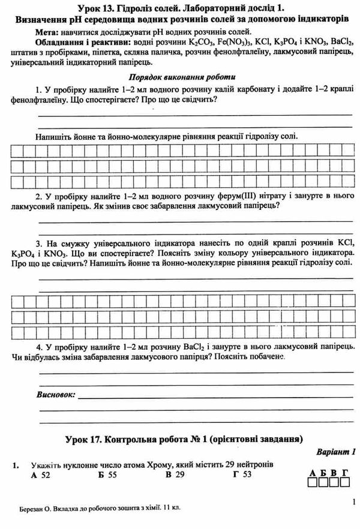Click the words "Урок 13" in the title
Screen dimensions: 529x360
[x=97, y=8]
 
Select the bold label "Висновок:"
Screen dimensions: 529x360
[x=56, y=395]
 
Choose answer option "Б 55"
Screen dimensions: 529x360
[x=107, y=475]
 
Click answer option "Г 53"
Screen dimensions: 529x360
[x=242, y=475]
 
